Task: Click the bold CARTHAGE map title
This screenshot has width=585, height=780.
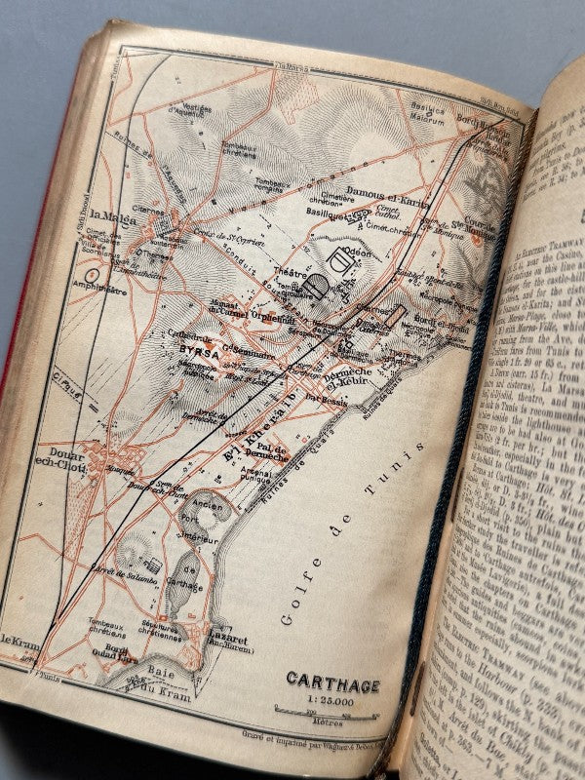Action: [x=332, y=684]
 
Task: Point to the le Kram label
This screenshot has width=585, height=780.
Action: [x=18, y=639]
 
